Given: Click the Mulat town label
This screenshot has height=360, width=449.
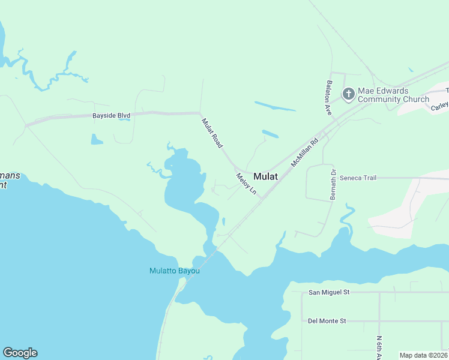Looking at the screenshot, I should (x=265, y=176).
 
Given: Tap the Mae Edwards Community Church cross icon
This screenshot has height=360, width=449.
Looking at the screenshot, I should (x=348, y=94).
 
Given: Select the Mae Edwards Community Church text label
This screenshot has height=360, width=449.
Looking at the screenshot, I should (x=393, y=95).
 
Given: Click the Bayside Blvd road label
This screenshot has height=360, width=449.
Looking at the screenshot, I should (x=111, y=116).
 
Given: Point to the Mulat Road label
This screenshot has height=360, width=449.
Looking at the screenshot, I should (x=212, y=133).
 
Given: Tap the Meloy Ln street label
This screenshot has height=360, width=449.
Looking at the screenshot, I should (x=246, y=184).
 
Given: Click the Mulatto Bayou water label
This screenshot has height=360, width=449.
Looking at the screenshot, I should (x=174, y=271).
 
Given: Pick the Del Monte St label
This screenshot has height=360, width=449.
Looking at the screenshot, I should (x=327, y=321).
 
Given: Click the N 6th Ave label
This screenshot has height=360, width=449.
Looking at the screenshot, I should (x=379, y=348).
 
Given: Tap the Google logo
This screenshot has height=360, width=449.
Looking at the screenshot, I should (x=20, y=353).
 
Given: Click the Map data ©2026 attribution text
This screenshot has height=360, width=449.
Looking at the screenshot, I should (x=423, y=355).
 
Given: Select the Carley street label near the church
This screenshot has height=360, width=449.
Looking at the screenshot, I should (x=440, y=106).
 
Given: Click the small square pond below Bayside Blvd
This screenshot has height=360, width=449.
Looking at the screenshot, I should (x=96, y=139).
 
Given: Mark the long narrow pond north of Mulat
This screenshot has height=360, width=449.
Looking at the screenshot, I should (x=275, y=106).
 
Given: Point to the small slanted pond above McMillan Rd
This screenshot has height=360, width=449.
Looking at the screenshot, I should (x=270, y=134).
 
